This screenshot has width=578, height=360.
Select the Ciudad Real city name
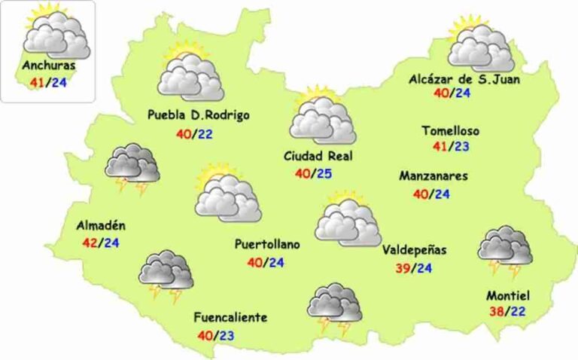click(x=318, y=157)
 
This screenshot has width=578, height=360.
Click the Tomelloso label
click(x=450, y=131)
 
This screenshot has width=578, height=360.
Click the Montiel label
click(x=510, y=295)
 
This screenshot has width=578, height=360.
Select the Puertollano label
click(x=267, y=245)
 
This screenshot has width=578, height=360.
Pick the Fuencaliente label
click(x=230, y=317)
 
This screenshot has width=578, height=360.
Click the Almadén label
click(x=101, y=226)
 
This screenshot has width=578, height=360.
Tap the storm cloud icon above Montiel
click(x=505, y=250)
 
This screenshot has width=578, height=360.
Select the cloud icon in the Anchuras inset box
click(x=53, y=32)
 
